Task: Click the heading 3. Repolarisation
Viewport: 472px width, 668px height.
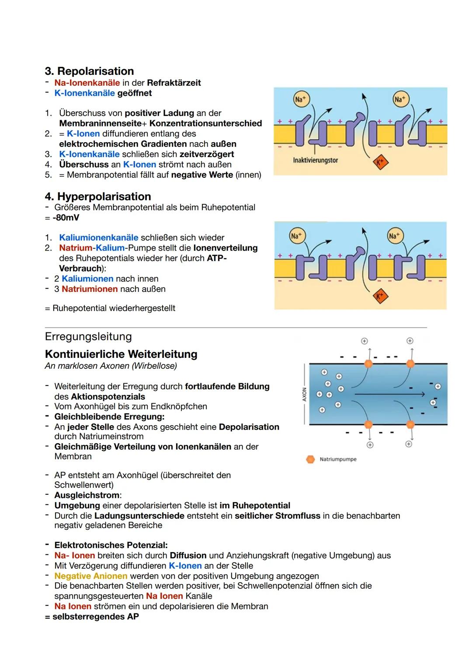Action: pos(89,71)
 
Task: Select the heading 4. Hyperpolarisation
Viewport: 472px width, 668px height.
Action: pos(98,197)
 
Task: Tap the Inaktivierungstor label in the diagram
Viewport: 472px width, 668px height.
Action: pos(315,161)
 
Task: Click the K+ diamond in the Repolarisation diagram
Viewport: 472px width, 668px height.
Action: pos(380,162)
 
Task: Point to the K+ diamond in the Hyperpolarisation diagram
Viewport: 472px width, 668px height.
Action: pos(380,297)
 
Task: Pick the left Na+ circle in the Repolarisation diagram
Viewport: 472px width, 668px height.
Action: pos(300,99)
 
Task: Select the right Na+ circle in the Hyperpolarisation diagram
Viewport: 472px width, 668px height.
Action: pos(394,236)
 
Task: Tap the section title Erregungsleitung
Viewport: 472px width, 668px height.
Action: pos(88,336)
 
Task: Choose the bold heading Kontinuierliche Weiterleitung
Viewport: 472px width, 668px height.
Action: pos(121,354)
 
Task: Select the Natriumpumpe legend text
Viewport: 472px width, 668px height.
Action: pos(338,459)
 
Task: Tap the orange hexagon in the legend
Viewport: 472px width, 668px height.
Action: pos(311,459)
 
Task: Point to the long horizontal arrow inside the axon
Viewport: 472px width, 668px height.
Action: pos(389,394)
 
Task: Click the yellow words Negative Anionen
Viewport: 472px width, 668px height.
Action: pos(90,576)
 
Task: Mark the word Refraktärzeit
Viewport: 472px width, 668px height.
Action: pos(174,83)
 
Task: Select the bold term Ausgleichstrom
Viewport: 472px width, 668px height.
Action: pos(87,495)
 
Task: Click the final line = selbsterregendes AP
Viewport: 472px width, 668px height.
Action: pos(92,617)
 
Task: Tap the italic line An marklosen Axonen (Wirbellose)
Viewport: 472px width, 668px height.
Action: pos(111,366)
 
